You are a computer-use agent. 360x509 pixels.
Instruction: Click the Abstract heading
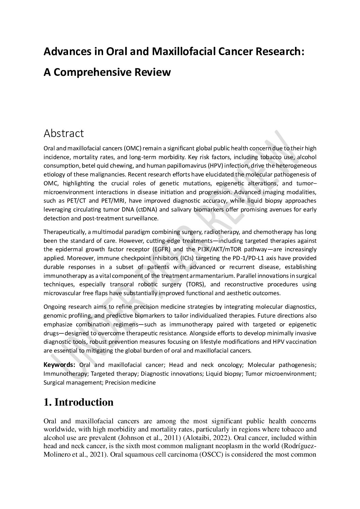[64, 134]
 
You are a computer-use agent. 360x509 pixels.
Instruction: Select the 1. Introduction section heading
[78, 402]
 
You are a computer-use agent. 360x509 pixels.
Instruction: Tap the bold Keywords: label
[59, 365]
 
